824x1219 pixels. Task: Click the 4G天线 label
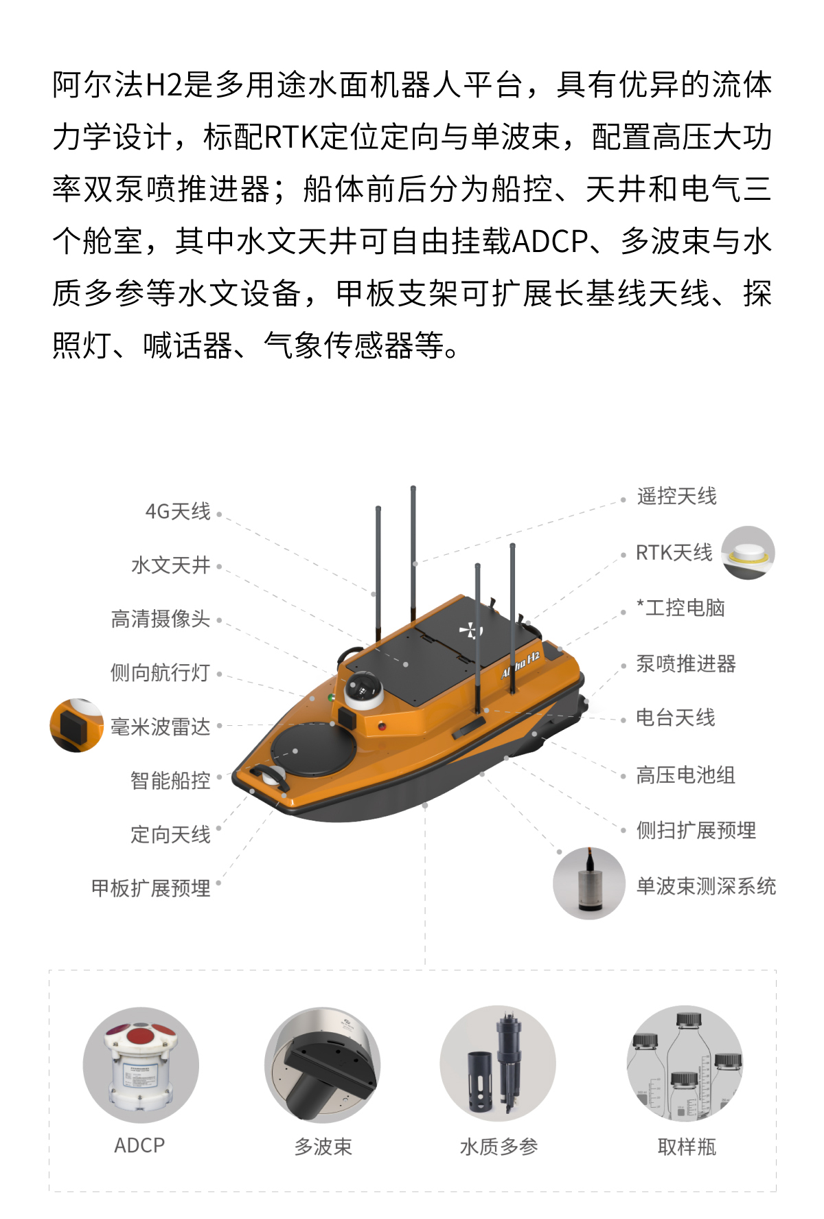pos(178,512)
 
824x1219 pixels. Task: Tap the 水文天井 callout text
pos(171,565)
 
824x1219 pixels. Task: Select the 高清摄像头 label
pos(161,619)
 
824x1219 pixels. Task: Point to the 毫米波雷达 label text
pos(161,727)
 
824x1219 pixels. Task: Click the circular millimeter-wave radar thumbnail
pos(77,726)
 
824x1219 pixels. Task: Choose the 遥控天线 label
pos(677,496)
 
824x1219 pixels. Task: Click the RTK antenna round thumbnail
pos(748,553)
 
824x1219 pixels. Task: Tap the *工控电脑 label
pos(680,608)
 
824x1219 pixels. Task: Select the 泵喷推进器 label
pos(686,663)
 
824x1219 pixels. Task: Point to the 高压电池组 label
pos(686,775)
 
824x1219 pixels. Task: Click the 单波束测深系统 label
pos(707,886)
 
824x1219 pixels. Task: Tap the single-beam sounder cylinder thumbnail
pos(589,883)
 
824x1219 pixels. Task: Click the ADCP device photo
pos(141,1065)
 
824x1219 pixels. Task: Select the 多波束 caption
pos(323,1146)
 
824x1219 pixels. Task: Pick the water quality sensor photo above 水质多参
pos(498,1064)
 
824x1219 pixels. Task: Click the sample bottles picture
pos(685,1064)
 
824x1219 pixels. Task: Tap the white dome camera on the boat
pos(364,690)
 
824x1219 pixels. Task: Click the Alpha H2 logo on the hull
pos(520,664)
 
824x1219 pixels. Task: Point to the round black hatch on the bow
pos(314,749)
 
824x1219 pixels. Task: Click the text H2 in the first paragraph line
pos(165,85)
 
